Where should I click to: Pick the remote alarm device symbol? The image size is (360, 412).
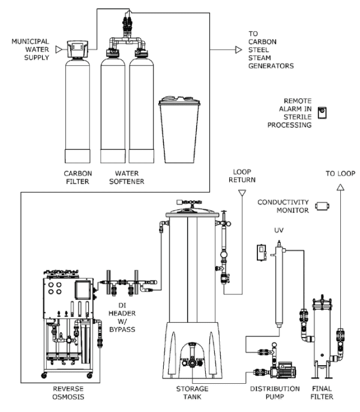click(x=322, y=109)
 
